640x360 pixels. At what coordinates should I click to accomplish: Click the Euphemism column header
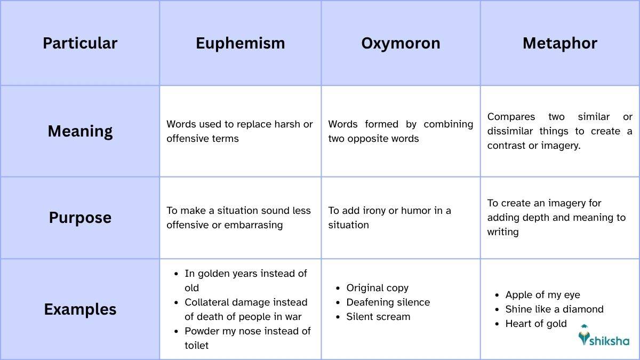click(240, 43)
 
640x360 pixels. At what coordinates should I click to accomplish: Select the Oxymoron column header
click(401, 43)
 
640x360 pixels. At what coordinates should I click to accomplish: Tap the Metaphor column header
click(559, 43)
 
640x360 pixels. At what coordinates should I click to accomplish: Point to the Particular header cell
click(80, 43)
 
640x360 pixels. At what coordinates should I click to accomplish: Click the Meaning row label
click(80, 131)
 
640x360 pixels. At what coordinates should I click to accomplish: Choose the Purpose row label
click(80, 218)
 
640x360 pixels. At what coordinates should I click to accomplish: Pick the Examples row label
click(80, 309)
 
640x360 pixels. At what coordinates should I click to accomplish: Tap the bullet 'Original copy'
click(377, 288)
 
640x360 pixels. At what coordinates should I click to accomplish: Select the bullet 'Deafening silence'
click(388, 302)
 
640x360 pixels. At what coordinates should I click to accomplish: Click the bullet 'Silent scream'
click(378, 317)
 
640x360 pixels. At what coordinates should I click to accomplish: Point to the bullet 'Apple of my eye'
click(542, 295)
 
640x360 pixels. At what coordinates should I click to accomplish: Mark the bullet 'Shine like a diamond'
click(554, 309)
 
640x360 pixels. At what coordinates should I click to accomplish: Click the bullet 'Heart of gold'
click(536, 324)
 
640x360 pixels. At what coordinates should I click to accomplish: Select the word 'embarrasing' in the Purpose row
click(254, 225)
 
